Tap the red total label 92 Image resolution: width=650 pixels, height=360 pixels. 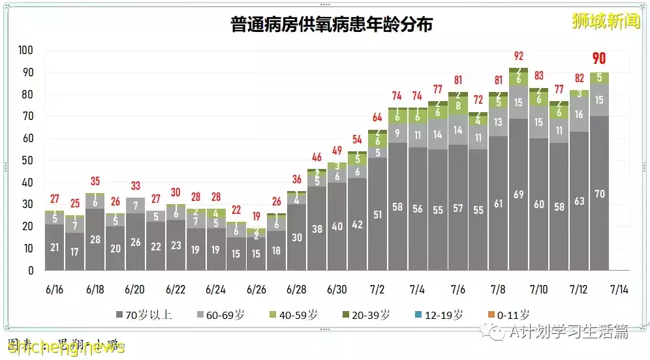pyautogui.click(x=519, y=56)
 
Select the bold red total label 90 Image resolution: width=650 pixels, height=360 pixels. pyautogui.click(x=599, y=59)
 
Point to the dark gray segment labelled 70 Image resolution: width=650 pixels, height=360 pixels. pyautogui.click(x=599, y=193)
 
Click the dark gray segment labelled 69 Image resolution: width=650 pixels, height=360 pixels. pyautogui.click(x=519, y=194)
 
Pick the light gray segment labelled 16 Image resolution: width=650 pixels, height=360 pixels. pyautogui.click(x=579, y=114)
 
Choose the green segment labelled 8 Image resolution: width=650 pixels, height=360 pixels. pyautogui.click(x=458, y=105)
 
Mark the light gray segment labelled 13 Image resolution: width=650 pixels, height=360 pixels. pyautogui.click(x=499, y=122)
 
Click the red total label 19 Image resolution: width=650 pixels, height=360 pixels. pyautogui.click(x=256, y=217)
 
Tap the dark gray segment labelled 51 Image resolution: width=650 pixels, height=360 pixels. pyautogui.click(x=377, y=215)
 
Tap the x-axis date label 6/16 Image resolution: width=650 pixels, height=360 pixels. pyautogui.click(x=55, y=289)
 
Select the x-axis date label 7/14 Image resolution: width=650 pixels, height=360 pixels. pyautogui.click(x=619, y=289)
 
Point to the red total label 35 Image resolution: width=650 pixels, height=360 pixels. pyautogui.click(x=95, y=181)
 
